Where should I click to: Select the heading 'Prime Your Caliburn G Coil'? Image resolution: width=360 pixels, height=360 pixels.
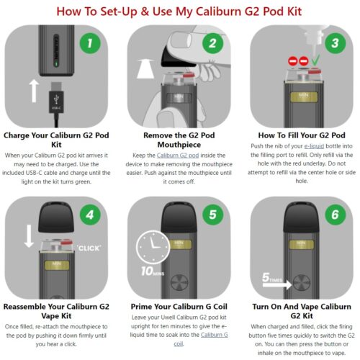click(x=179, y=305)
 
